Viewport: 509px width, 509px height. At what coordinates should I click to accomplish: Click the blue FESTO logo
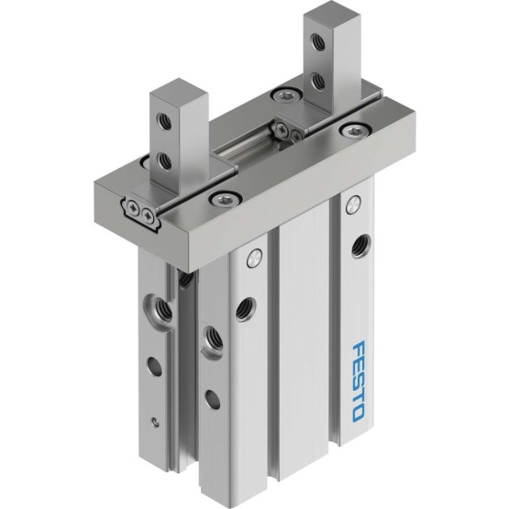358,380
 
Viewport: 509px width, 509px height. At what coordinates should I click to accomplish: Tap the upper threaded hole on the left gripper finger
163,122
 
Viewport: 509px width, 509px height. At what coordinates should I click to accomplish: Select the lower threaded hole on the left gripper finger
163,161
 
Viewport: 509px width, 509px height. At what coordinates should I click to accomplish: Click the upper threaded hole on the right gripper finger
315,41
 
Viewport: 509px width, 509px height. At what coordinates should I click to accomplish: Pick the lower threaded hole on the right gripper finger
316,80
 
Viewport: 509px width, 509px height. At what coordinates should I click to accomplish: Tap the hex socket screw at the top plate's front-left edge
224,200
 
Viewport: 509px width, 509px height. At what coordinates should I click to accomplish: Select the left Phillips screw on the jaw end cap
135,207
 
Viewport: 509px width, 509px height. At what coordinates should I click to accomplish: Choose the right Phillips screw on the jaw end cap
148,216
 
